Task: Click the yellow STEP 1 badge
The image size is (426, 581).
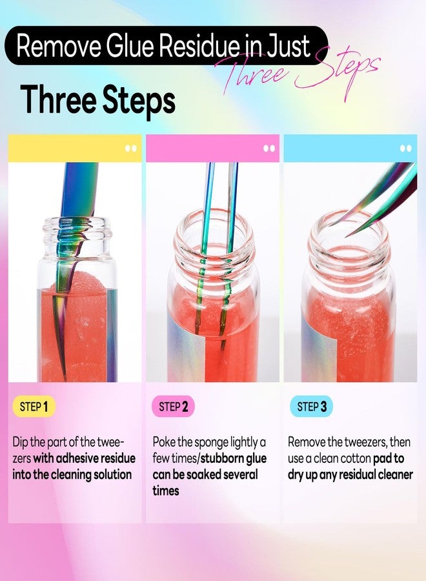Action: tap(34, 407)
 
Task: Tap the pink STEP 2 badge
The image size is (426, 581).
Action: tap(173, 407)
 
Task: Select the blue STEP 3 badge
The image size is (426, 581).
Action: tap(311, 407)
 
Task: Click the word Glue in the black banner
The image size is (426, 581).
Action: tap(130, 46)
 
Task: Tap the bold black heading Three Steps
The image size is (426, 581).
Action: tap(98, 100)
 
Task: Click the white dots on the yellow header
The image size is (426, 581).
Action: tap(131, 148)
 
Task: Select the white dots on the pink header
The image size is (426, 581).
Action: tap(269, 148)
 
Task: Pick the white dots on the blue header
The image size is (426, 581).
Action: tap(406, 148)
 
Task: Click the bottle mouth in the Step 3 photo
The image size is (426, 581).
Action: tap(349, 226)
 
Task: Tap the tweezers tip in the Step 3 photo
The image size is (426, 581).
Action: tap(347, 236)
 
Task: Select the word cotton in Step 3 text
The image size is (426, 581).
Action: tap(352, 458)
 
